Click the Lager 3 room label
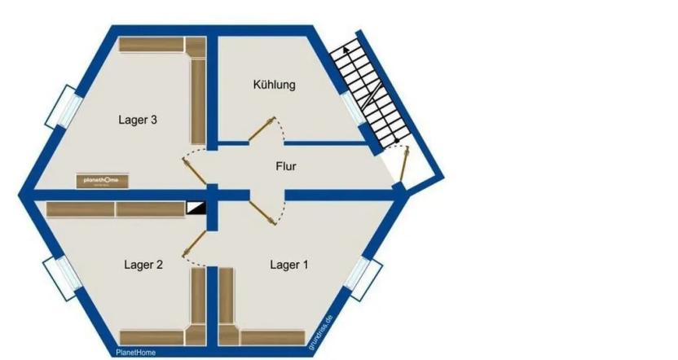[137, 120]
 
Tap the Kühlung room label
[274, 84]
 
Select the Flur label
[285, 167]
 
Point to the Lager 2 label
[143, 264]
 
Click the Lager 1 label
[289, 264]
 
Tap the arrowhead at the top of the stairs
[346, 49]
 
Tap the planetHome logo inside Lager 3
[102, 179]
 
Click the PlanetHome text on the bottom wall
[135, 353]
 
